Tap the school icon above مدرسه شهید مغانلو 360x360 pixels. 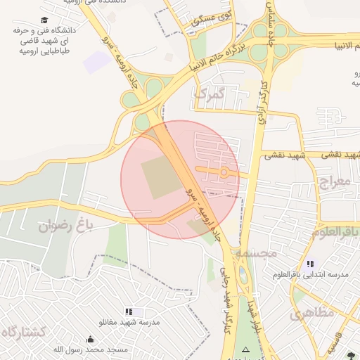128,311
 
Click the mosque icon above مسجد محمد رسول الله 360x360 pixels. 89,339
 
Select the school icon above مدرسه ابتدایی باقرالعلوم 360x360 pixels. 311,264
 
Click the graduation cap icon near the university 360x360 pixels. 44,20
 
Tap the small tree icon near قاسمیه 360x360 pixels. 352,355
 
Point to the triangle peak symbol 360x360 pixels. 245,349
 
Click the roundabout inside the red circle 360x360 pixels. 224,172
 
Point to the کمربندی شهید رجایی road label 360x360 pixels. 228,309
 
